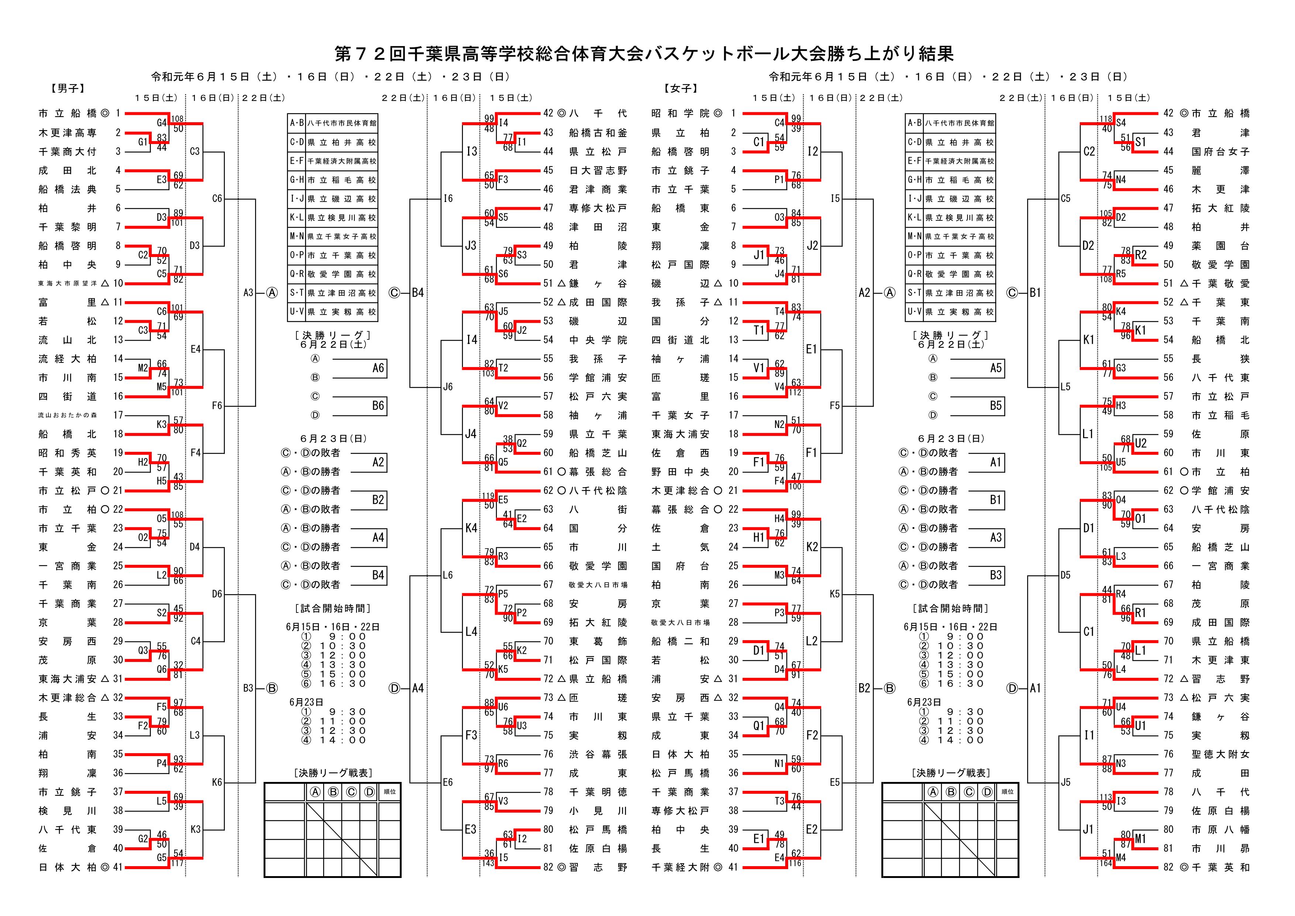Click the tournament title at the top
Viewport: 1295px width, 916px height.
[644, 54]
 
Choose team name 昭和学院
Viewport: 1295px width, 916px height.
[680, 113]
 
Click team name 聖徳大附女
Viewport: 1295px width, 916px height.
[1220, 754]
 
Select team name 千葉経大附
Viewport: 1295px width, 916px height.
[680, 868]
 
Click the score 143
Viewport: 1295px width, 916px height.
[488, 863]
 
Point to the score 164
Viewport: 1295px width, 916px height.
[1106, 863]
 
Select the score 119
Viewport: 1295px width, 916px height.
[488, 496]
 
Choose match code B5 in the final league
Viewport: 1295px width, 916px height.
[996, 405]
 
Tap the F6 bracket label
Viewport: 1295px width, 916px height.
[217, 405]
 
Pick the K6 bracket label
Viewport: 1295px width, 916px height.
[217, 782]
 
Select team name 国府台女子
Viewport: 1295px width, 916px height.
[1220, 152]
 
